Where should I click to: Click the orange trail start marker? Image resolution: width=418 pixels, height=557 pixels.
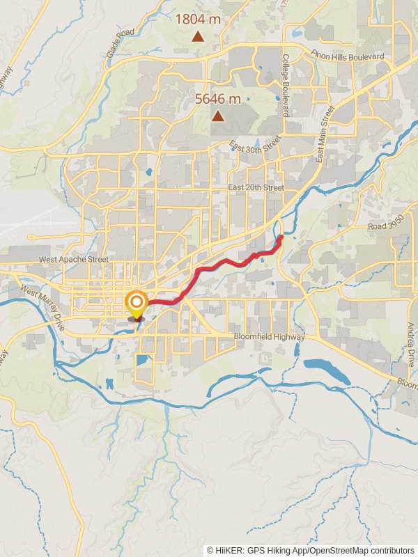(x=136, y=303)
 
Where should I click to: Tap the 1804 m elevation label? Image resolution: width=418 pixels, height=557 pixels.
(x=197, y=19)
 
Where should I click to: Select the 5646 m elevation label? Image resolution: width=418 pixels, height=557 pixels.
(x=217, y=99)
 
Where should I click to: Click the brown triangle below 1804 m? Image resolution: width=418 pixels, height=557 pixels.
(x=198, y=36)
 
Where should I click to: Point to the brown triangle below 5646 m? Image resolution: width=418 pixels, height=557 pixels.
(x=218, y=116)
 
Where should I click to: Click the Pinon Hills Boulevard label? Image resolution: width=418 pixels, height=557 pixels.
(x=348, y=56)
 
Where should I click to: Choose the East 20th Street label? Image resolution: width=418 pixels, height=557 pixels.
(x=256, y=188)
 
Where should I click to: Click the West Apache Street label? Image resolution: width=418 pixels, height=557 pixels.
(x=73, y=259)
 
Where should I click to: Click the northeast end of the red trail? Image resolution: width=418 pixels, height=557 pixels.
(x=281, y=238)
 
